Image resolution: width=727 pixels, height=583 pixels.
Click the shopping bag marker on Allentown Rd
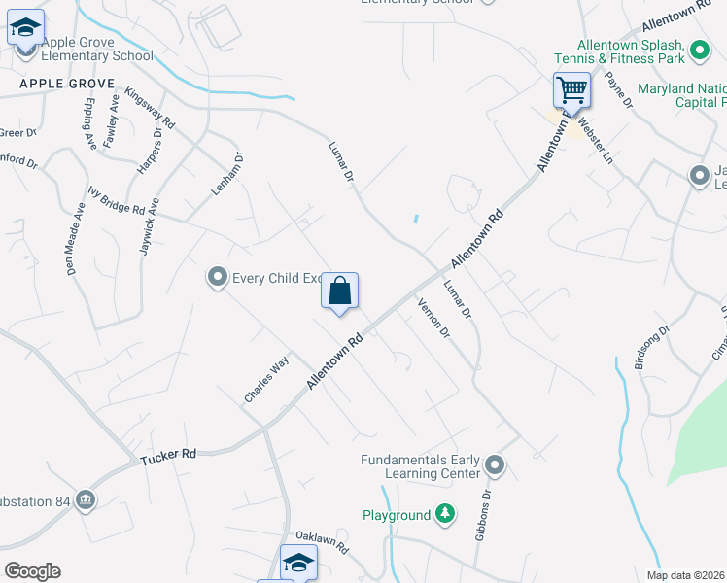[x=339, y=291]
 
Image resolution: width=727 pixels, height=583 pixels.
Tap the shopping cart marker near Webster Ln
[x=572, y=91]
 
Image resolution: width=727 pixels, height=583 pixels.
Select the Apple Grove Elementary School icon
[x=25, y=28]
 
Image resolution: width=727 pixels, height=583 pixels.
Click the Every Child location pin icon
[x=217, y=278]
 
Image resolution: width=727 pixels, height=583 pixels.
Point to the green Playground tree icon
[x=444, y=514]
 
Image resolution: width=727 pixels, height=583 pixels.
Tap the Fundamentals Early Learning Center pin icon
[x=495, y=465]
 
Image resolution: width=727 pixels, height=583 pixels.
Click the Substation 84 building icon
[x=86, y=499]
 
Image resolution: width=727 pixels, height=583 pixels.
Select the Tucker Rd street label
[x=168, y=454]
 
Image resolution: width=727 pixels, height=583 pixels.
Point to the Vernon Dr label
[x=433, y=318]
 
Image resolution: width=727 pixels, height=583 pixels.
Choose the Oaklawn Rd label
[x=322, y=541]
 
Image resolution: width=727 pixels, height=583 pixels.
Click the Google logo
[x=32, y=571]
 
